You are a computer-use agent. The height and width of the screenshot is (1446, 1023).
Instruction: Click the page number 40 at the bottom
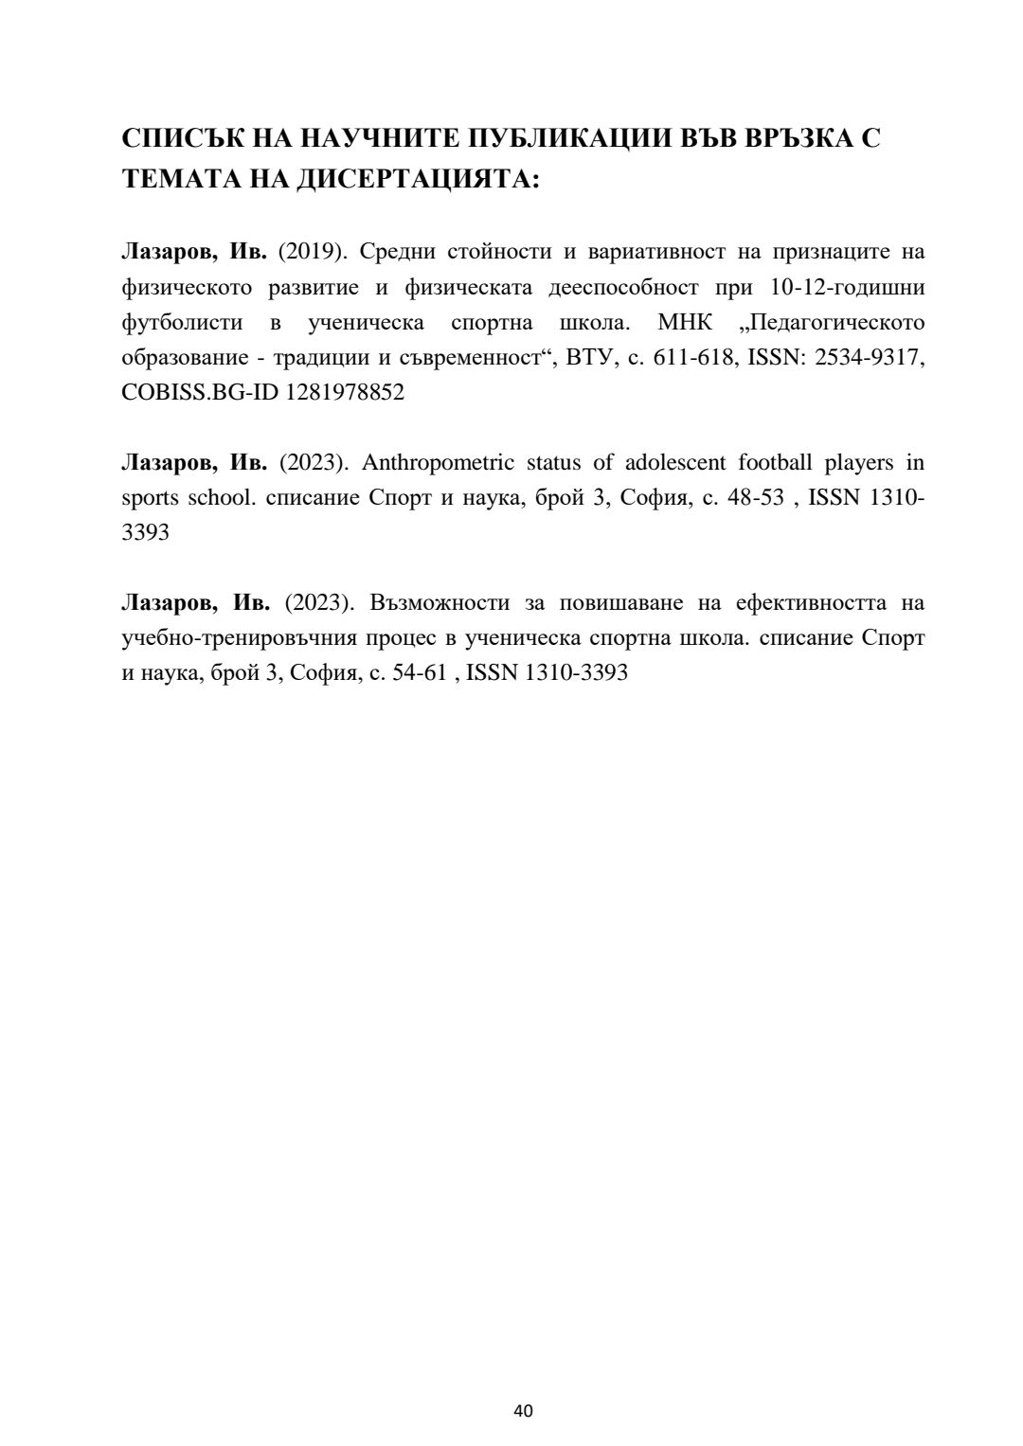[x=523, y=1410]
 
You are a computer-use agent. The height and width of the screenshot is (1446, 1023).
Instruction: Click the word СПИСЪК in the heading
[x=181, y=138]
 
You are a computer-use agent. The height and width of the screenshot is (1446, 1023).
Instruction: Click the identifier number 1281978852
[x=344, y=392]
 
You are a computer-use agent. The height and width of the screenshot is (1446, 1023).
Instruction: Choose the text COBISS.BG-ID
[x=200, y=392]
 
